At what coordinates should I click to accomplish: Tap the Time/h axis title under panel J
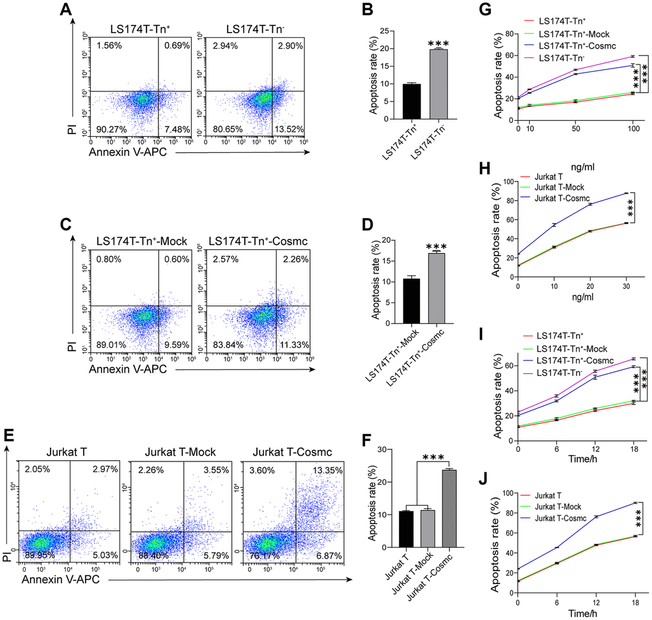576,612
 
